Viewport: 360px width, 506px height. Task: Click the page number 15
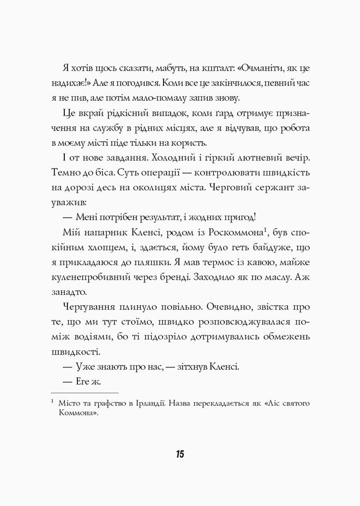tap(180, 453)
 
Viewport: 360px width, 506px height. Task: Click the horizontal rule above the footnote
tap(85, 392)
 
